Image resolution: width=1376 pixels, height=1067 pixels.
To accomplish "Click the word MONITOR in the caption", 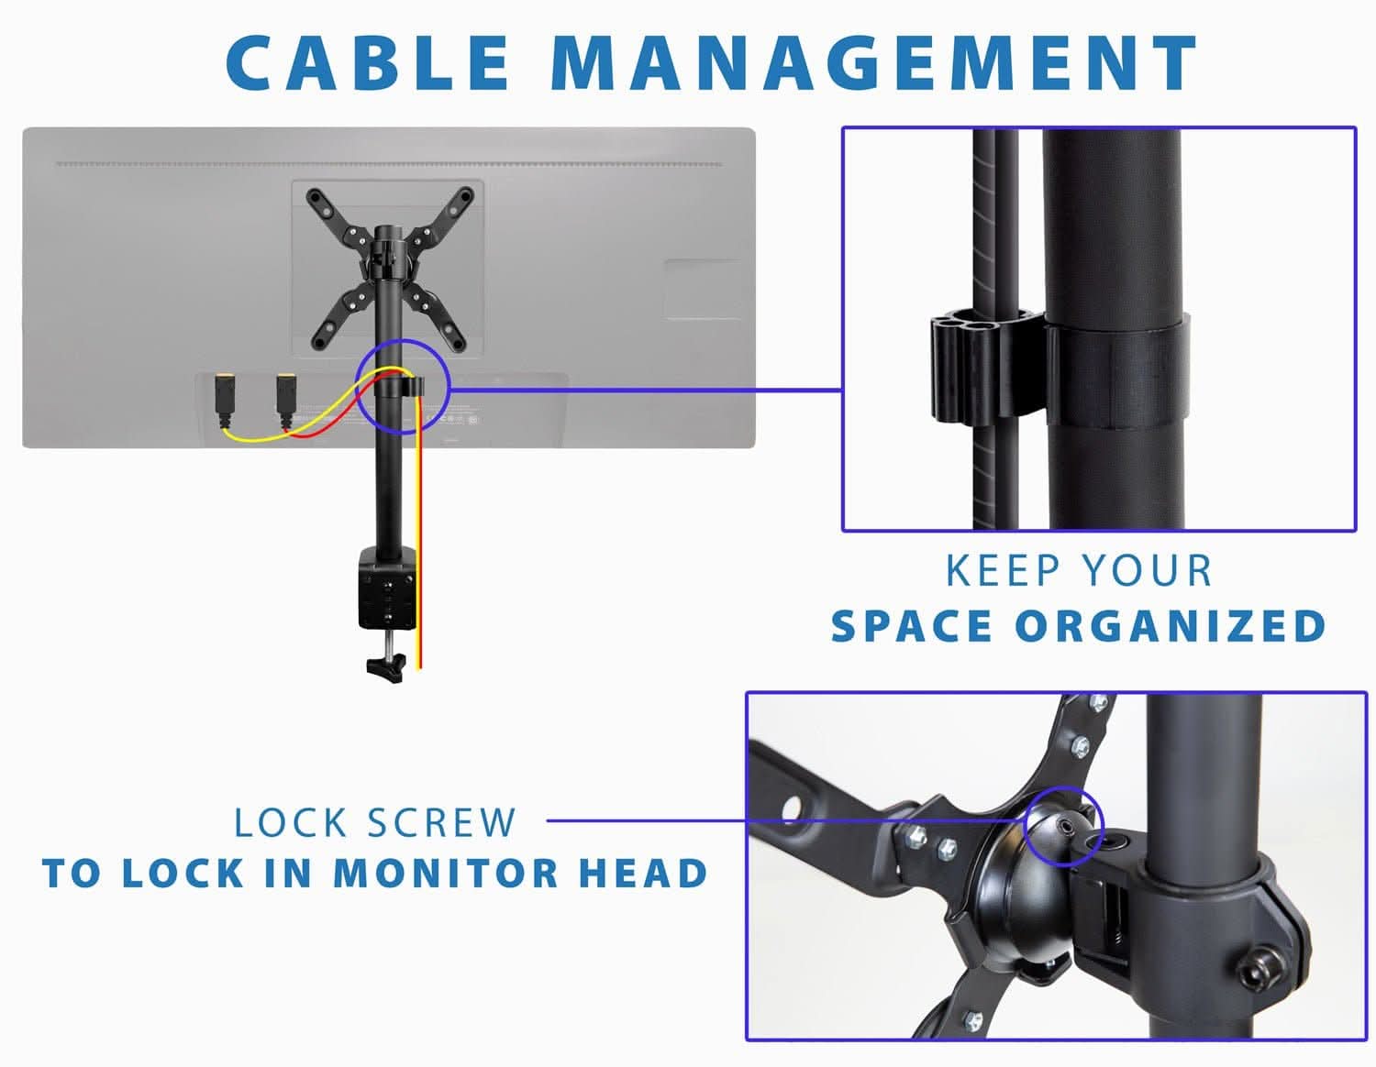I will pyautogui.click(x=445, y=873).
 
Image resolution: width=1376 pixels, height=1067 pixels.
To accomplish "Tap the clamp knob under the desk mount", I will pyautogui.click(x=385, y=666).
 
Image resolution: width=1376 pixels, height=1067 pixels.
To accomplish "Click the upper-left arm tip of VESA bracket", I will pyautogui.click(x=316, y=196).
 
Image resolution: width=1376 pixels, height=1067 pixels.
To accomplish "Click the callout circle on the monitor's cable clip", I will pyautogui.click(x=401, y=386).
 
